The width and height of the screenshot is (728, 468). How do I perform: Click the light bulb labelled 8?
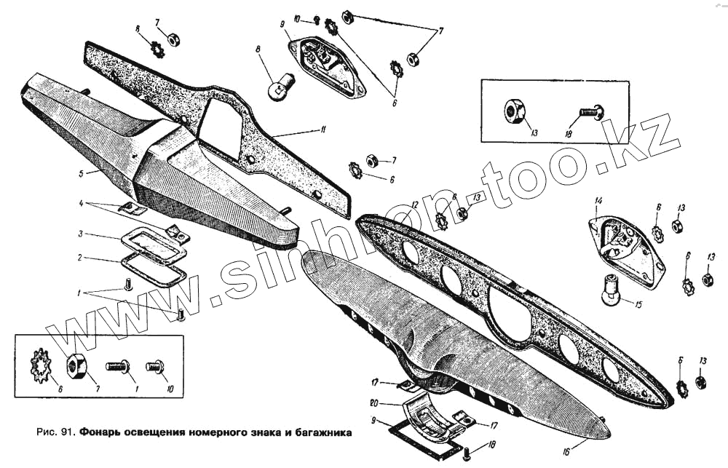[x=279, y=87]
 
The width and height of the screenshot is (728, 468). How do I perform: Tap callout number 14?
[x=599, y=201]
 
